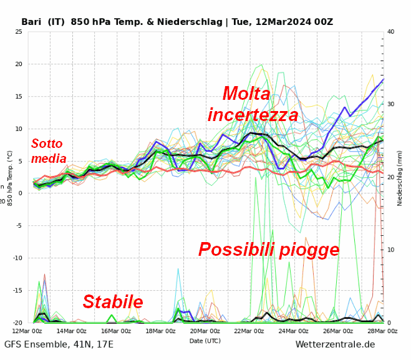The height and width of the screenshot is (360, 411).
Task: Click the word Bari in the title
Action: pyautogui.click(x=32, y=22)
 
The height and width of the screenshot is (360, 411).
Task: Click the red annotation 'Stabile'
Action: pyautogui.click(x=113, y=302)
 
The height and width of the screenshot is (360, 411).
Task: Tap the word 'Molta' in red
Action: pyautogui.click(x=246, y=94)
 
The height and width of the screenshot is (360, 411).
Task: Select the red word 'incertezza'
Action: pyautogui.click(x=253, y=115)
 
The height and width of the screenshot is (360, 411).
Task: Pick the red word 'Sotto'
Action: pyautogui.click(x=47, y=144)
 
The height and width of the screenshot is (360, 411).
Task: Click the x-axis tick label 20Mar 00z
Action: pyautogui.click(x=205, y=331)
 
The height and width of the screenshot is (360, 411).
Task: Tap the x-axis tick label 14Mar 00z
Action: pyautogui.click(x=72, y=331)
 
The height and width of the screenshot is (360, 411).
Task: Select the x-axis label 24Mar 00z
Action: pyautogui.click(x=294, y=331)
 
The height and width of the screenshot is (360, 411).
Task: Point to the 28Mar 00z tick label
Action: pyautogui.click(x=382, y=331)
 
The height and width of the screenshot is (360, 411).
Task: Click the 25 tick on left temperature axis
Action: pyautogui.click(x=19, y=32)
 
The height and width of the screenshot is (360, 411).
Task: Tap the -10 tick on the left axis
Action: pyautogui.click(x=17, y=258)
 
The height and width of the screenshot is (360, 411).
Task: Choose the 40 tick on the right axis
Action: pyautogui.click(x=390, y=32)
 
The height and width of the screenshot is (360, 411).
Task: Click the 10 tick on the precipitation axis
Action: pyautogui.click(x=390, y=250)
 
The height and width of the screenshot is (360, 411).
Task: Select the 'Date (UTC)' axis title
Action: pyautogui.click(x=205, y=341)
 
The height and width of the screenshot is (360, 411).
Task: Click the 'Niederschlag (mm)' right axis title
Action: pyautogui.click(x=400, y=178)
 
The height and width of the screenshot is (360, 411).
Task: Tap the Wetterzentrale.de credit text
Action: pyautogui.click(x=335, y=345)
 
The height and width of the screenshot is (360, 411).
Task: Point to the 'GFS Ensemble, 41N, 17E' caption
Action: pyautogui.click(x=59, y=345)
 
